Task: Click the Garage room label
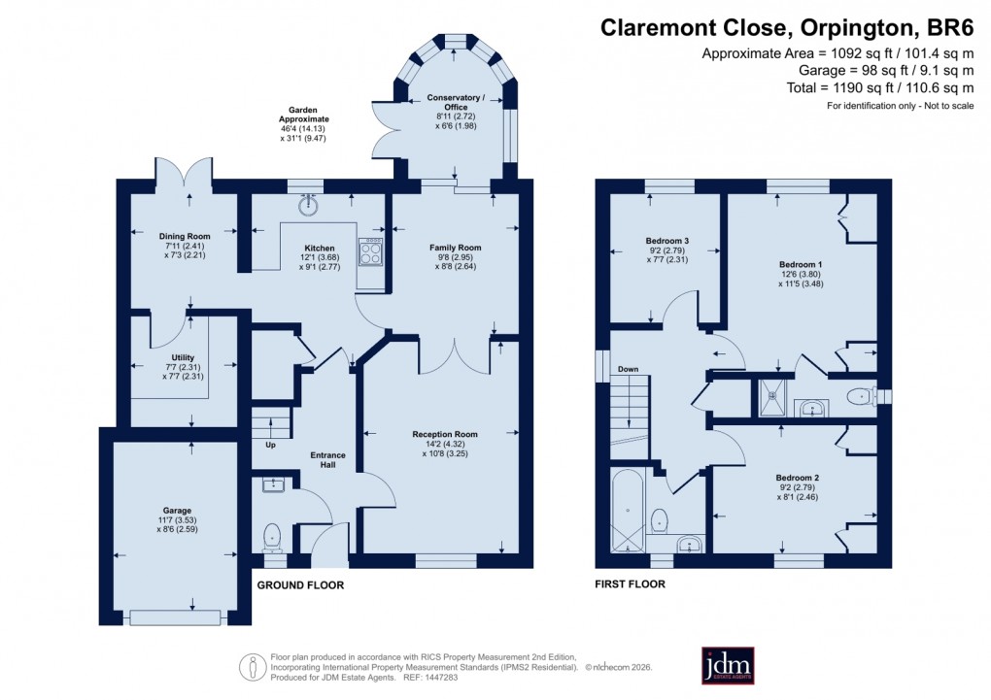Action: pos(177,510)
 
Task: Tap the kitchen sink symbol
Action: pos(310,204)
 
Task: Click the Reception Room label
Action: pos(446,434)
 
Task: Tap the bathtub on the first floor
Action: pos(627,511)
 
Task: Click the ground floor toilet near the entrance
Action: pos(272,534)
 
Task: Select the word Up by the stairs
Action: pos(271,446)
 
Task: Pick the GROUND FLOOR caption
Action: pos(299,585)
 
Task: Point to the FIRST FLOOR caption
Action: pos(630,584)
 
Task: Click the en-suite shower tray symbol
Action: pos(774,397)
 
